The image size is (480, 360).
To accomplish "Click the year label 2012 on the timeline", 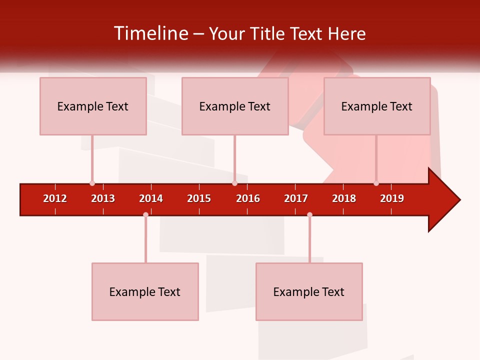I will click(x=55, y=198).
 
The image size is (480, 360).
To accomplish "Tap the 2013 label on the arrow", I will click(x=103, y=198).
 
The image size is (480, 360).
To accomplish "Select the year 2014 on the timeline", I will click(x=151, y=198).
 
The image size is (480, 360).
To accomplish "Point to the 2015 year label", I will click(x=199, y=198).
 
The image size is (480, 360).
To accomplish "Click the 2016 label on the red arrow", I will click(x=248, y=198).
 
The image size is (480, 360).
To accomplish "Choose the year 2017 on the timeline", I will click(x=296, y=198).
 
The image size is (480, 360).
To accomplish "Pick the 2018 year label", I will click(x=344, y=198).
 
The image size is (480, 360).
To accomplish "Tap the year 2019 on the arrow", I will click(x=392, y=198).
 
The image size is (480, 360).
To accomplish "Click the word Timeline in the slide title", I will click(x=150, y=33).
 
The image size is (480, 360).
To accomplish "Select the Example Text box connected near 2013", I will click(x=93, y=106).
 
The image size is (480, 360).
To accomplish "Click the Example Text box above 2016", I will click(x=235, y=106).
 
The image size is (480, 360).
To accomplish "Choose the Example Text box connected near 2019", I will click(x=377, y=106).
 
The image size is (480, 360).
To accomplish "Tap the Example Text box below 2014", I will click(x=145, y=291).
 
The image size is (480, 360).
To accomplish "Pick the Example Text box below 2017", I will click(x=309, y=291).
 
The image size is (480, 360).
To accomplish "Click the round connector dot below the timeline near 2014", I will click(x=145, y=214).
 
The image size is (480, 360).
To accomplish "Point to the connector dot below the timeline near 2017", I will click(x=309, y=214).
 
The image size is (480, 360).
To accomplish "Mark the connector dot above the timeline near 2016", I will click(x=234, y=183).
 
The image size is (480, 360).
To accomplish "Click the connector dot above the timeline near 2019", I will click(x=376, y=183).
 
